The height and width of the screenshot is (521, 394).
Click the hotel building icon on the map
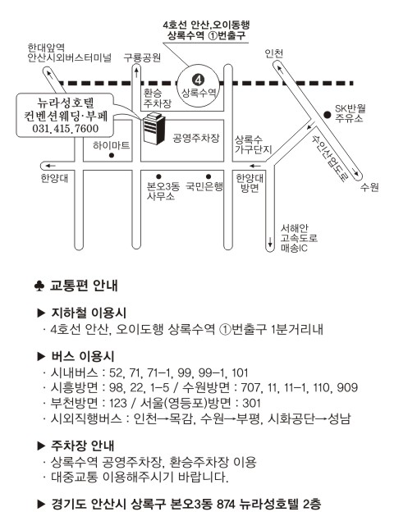coord(153,128)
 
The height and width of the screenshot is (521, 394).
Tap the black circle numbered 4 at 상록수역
coord(198,80)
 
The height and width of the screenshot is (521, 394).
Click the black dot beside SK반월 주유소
coord(328,115)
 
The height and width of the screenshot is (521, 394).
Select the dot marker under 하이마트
coord(112,155)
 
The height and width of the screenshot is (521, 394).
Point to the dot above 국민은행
coord(208,176)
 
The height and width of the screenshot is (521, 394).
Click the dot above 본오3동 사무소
coord(158,176)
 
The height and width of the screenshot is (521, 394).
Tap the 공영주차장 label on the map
coord(196,138)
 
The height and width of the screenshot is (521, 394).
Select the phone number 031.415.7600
coord(65,128)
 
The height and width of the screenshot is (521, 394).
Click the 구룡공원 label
coord(142,57)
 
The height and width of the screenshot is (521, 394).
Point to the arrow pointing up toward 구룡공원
coord(136,71)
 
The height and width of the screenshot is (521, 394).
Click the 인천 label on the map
coord(273,53)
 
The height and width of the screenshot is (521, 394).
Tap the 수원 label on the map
coord(369,187)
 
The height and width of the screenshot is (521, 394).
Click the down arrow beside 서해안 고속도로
coord(270,242)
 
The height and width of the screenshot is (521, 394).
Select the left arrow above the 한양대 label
coord(51,166)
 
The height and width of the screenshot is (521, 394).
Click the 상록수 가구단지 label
coord(254,144)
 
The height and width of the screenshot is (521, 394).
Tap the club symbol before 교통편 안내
coord(39,286)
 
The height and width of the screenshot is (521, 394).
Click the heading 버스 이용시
coord(82,357)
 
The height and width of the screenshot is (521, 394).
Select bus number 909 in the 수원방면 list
coord(347,387)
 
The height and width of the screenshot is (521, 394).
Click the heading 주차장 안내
coord(82,446)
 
